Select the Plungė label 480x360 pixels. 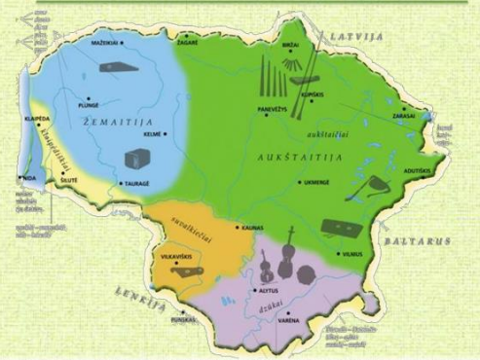point(89,109)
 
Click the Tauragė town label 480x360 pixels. point(135,182)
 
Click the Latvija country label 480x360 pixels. point(357,36)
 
